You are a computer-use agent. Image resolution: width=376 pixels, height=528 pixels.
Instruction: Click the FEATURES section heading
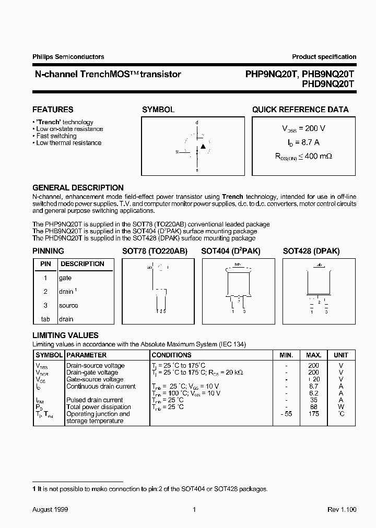[x=53, y=110]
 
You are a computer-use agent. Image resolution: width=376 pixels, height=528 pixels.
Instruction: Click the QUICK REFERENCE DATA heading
[x=300, y=110]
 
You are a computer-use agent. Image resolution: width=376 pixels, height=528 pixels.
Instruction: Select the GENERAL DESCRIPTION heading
[x=78, y=188]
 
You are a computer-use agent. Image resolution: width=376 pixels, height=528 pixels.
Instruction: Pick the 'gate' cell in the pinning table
[x=66, y=278]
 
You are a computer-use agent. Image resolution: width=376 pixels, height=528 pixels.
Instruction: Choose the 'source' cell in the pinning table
[x=69, y=305]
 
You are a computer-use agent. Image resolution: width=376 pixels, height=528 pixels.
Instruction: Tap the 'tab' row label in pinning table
[x=45, y=319]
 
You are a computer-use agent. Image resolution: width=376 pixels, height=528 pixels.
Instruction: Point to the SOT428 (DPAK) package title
[x=311, y=251]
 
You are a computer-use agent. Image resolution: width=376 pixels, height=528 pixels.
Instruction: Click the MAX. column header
[x=313, y=355]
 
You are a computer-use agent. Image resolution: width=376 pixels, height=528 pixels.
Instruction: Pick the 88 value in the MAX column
[x=313, y=407]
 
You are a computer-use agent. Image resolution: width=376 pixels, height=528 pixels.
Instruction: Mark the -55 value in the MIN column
[x=285, y=414]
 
